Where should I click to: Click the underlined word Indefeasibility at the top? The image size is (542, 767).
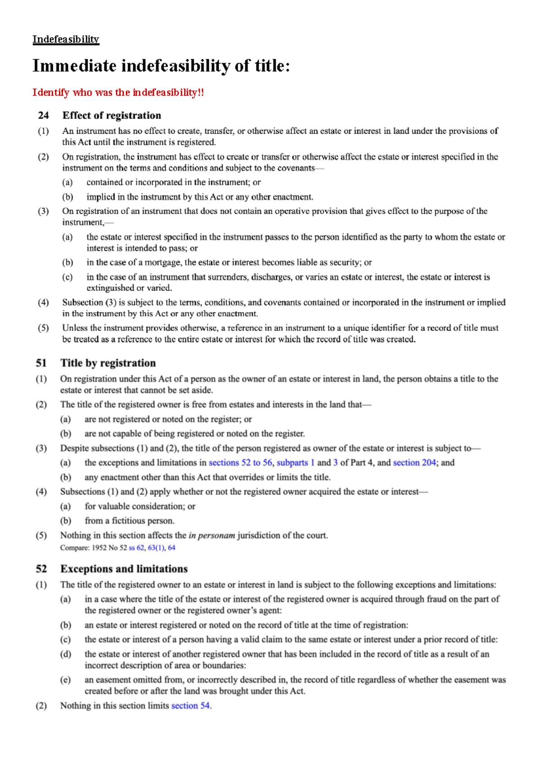pos(65,39)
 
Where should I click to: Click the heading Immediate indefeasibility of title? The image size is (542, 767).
pos(161,66)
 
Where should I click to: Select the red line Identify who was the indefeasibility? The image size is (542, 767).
pos(118,93)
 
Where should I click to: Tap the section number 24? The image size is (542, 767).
pos(43,116)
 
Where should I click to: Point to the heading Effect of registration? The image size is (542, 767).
pos(112,116)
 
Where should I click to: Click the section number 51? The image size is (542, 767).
pos(42,363)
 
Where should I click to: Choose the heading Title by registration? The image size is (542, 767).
pos(108,363)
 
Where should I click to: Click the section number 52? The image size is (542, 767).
pos(42,569)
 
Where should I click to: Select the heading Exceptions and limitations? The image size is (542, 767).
pos(124,569)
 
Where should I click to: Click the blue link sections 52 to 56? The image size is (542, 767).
pos(240,463)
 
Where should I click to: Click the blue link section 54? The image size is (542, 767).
pos(190,706)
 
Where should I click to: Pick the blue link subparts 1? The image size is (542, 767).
pos(295,463)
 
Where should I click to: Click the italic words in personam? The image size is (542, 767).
pos(212,536)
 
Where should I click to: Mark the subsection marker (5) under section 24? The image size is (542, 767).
pos(43,328)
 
